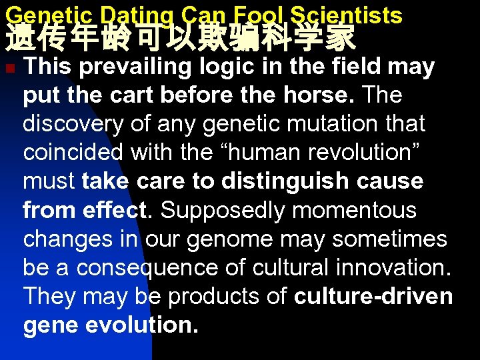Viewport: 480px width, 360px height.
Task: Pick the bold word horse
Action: [319, 95]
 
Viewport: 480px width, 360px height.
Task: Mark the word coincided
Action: [73, 153]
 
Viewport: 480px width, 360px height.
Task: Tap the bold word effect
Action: [117, 210]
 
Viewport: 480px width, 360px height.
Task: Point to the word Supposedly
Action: [223, 210]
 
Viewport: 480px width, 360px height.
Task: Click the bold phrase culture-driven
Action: [373, 296]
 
